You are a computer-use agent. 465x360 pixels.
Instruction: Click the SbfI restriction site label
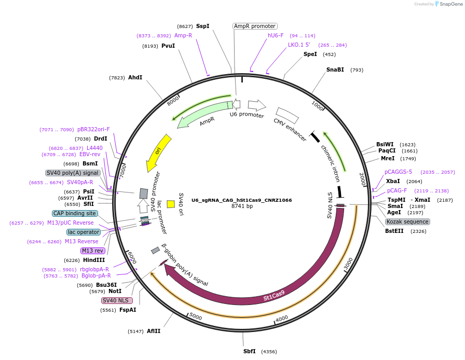pos(250,351)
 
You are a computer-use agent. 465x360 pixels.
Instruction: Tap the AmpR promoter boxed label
pos(255,26)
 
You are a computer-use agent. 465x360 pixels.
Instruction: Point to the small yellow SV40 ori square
pos(171,204)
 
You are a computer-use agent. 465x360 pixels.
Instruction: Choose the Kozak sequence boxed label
pos(407,221)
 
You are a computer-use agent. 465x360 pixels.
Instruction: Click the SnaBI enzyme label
pos(335,70)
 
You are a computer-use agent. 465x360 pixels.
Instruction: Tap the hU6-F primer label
pos(276,35)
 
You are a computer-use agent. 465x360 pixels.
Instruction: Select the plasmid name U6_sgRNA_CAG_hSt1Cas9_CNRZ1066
pos(241,200)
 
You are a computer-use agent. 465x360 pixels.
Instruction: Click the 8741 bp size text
pos(242,206)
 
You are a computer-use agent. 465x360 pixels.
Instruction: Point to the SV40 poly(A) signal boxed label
pos(73,173)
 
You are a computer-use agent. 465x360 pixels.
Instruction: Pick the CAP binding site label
pos(75,213)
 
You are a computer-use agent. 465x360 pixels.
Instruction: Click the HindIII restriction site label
pos(94,260)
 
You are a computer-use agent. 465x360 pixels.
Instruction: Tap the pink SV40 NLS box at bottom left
pos(117,300)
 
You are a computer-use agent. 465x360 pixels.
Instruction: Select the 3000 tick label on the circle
pos(349,263)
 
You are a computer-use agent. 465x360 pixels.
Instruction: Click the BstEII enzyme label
pos(394,231)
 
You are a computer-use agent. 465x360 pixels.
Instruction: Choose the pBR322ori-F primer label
pos(93,129)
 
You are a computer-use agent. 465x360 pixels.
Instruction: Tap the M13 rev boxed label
pos(93,251)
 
